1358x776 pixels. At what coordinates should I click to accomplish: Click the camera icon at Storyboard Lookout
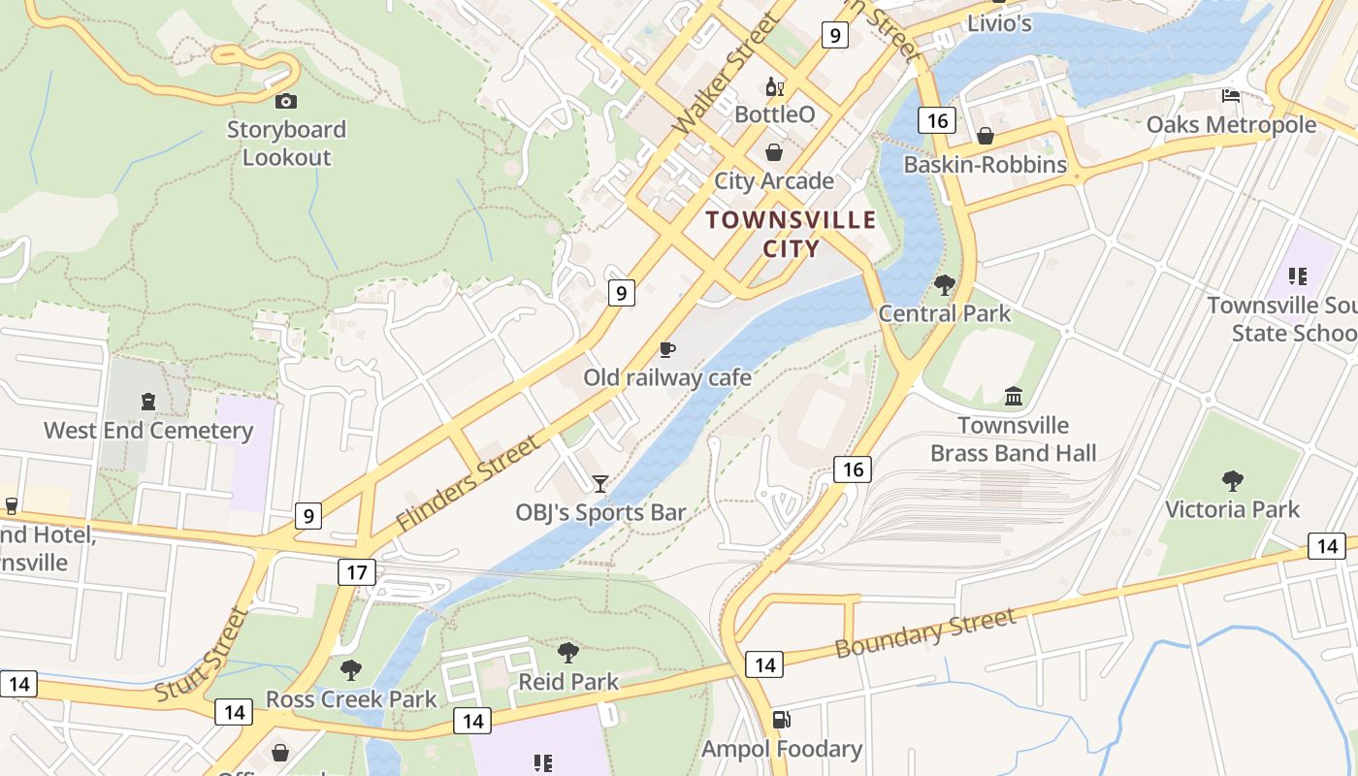[286, 101]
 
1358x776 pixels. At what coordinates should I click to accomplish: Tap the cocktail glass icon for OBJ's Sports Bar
[600, 483]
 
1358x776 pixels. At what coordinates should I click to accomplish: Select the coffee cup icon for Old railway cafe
[666, 349]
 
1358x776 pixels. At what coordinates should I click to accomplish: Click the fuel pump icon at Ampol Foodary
[781, 720]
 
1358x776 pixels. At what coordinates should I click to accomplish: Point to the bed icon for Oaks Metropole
[1231, 96]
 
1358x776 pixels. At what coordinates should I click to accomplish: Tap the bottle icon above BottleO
[774, 87]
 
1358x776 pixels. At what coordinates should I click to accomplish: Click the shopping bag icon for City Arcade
[774, 152]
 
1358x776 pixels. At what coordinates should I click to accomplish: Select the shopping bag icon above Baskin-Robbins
[986, 136]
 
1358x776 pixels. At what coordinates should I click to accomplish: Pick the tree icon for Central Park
[944, 285]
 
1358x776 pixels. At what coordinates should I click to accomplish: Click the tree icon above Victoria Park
[1232, 481]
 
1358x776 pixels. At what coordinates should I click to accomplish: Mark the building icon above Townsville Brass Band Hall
[1014, 396]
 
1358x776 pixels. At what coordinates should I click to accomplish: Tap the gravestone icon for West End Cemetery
[148, 401]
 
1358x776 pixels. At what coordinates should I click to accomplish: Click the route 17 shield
[356, 572]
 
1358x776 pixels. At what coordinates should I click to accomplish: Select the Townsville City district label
[791, 234]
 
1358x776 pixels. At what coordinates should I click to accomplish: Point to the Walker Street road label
[725, 74]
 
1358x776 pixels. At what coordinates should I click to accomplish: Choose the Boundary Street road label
[925, 632]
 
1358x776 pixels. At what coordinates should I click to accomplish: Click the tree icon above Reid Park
[568, 652]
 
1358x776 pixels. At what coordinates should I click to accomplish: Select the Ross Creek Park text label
[351, 699]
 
